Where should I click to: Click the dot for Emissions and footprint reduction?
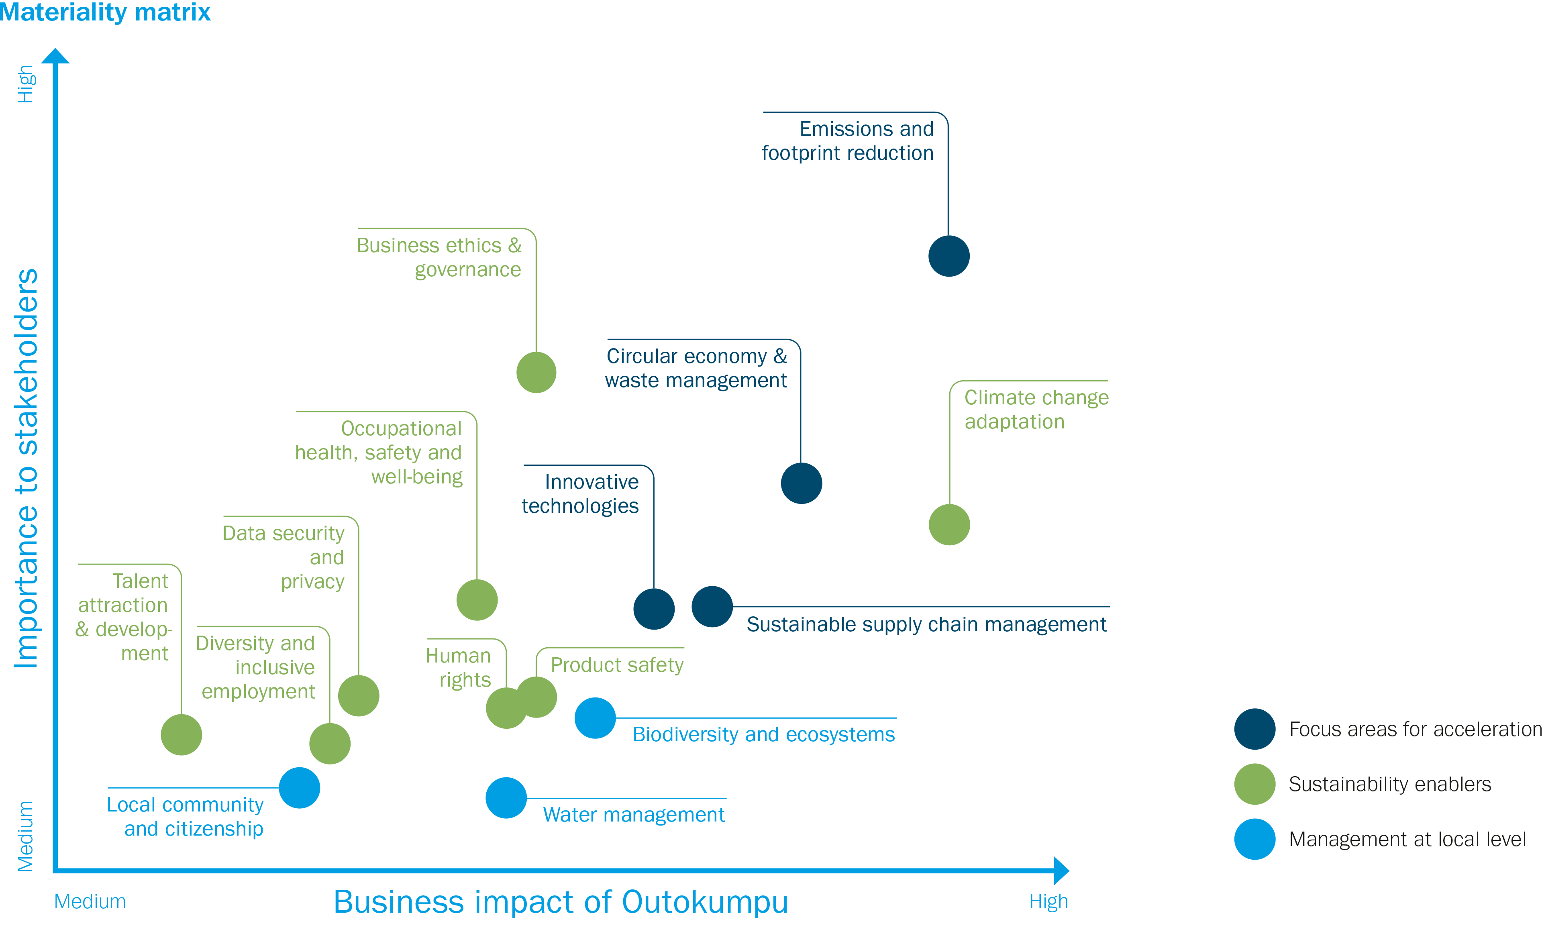point(949,256)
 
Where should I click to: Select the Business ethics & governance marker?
point(536,372)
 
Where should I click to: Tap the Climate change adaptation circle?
point(949,524)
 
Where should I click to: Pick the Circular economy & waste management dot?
point(801,483)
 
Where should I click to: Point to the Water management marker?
point(506,798)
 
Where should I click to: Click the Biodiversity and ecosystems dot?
point(595,718)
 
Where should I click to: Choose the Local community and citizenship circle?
point(299,788)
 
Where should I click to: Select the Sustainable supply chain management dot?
point(712,606)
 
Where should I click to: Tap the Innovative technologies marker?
point(654,609)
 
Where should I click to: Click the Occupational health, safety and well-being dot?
point(477,599)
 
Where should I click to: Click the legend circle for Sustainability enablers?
point(1255,784)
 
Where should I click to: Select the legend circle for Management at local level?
point(1255,839)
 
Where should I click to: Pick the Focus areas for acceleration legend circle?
point(1255,729)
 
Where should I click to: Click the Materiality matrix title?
point(105,12)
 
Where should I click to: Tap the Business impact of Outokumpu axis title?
point(560,901)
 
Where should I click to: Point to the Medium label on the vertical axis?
point(25,836)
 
